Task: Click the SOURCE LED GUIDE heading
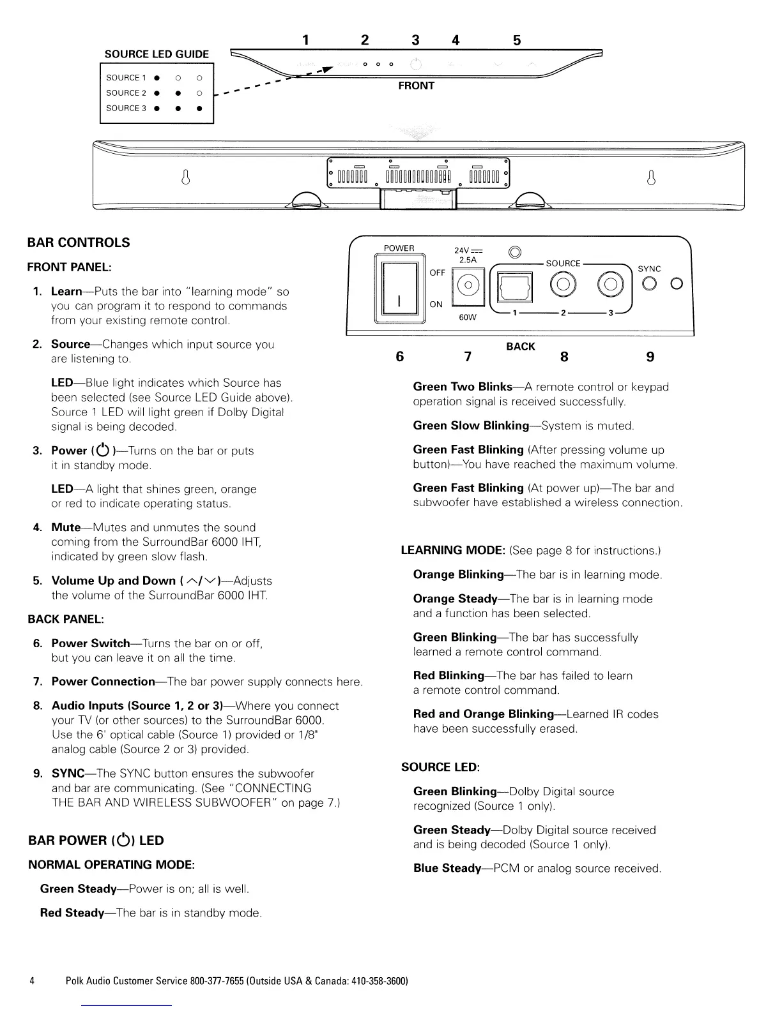point(157,54)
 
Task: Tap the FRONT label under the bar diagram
point(416,86)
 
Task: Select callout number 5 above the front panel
point(517,41)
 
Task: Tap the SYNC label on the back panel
point(649,269)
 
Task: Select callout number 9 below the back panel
point(650,357)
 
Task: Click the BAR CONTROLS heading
point(79,243)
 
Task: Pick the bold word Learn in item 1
point(66,292)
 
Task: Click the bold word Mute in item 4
point(65,528)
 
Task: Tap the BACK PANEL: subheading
point(65,619)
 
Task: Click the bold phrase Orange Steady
point(455,599)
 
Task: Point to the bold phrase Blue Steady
point(447,868)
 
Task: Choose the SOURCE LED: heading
point(440,767)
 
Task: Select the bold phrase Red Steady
point(72,913)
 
